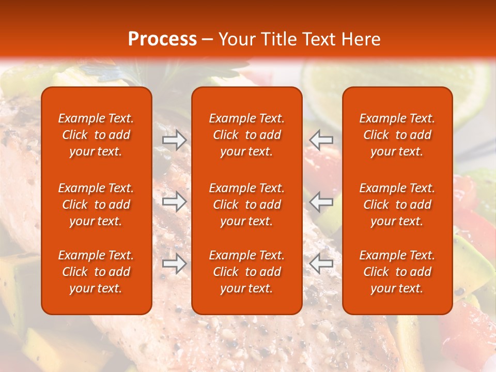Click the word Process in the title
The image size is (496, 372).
162,39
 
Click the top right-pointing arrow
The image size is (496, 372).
175,140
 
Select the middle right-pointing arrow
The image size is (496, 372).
175,202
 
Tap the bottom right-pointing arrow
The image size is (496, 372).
175,265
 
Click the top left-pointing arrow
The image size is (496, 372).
321,140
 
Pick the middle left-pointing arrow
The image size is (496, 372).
321,202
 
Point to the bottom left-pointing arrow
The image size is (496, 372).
321,265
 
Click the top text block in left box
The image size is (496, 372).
96,135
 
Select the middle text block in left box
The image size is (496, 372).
96,205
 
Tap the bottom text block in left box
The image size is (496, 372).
96,272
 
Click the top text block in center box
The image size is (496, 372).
246,135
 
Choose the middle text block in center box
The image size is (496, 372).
246,205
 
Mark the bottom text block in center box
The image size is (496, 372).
246,272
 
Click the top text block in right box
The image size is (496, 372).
397,135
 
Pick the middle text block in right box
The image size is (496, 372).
397,205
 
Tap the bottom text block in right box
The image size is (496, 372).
397,272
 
